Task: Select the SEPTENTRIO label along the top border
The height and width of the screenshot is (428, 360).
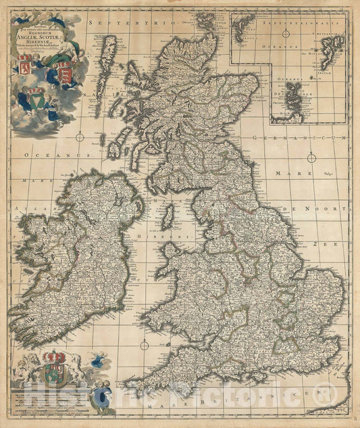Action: point(118,24)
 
